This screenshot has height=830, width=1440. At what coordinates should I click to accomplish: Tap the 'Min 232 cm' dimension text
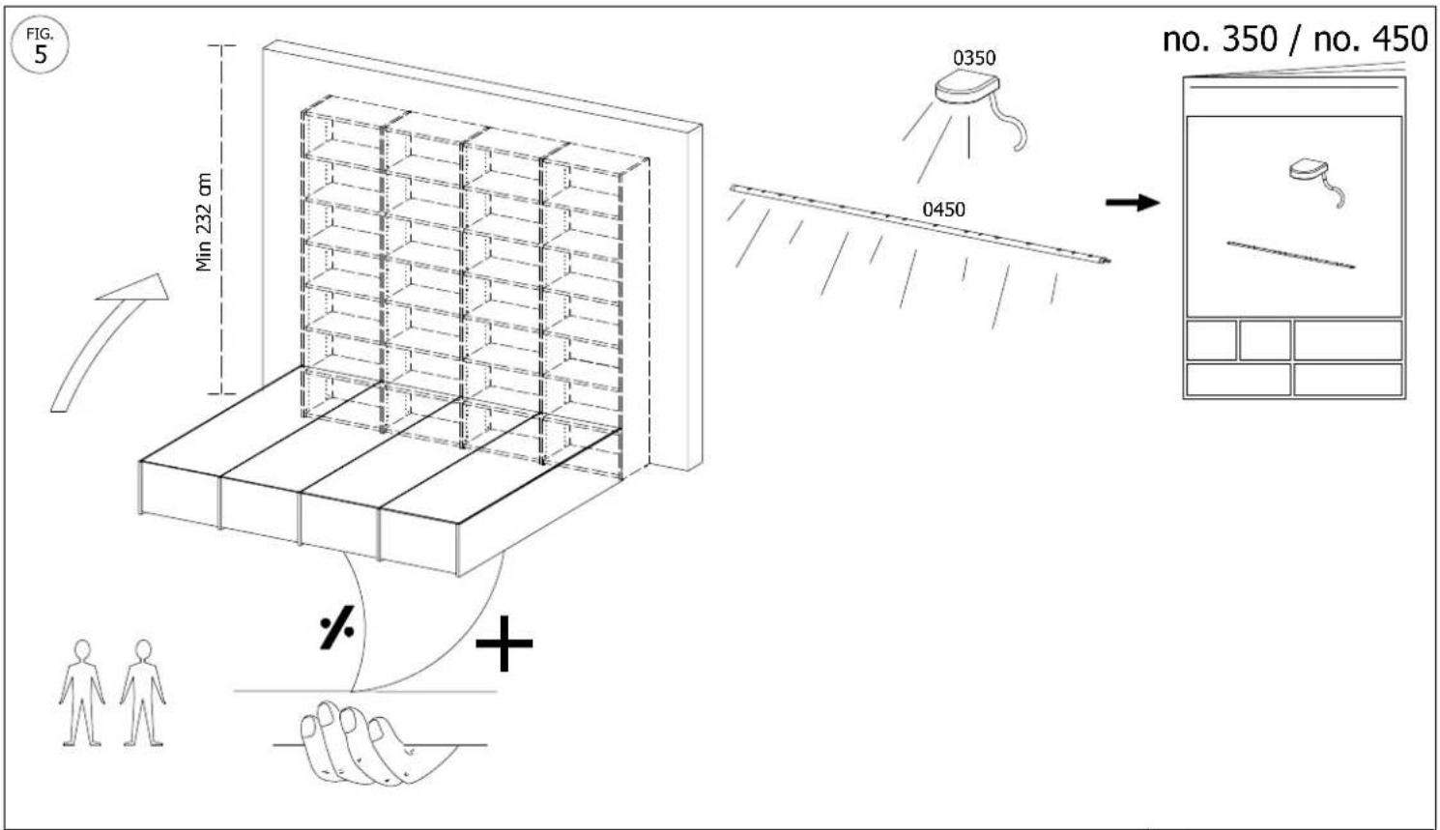[x=204, y=222]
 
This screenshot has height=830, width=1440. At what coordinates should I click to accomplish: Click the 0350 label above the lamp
[x=974, y=58]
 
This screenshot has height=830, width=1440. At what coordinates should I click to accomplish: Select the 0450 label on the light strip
[x=943, y=210]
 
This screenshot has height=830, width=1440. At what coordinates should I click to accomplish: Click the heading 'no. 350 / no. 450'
[x=1295, y=40]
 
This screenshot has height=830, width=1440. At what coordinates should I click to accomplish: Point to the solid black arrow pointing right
[x=1133, y=203]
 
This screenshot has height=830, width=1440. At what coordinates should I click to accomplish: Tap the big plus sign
[x=504, y=643]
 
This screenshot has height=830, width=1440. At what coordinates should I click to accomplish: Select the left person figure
[x=81, y=693]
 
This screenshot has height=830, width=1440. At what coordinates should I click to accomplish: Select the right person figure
[x=143, y=693]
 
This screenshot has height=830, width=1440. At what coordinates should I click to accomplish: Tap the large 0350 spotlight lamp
[x=966, y=87]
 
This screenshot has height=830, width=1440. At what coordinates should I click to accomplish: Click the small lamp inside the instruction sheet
[x=1308, y=170]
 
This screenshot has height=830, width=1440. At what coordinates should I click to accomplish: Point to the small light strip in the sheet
[x=1291, y=254]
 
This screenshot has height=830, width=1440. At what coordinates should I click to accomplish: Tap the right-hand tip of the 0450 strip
[x=1109, y=262]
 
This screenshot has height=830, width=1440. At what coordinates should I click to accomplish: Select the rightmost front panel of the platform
[x=418, y=542]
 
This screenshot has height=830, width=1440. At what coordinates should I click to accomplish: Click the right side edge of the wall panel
[x=694, y=297]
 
